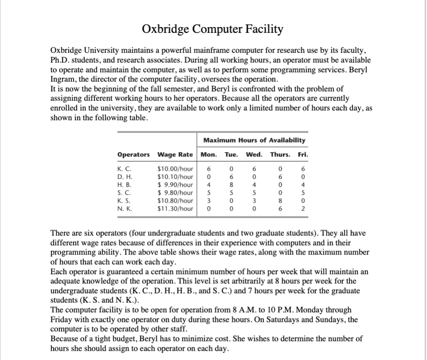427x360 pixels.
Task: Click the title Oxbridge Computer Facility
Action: tap(213, 29)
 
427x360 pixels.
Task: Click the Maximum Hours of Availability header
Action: tap(254, 140)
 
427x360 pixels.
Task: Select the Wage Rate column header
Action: tap(175, 155)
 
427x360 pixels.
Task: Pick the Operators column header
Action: tap(133, 155)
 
